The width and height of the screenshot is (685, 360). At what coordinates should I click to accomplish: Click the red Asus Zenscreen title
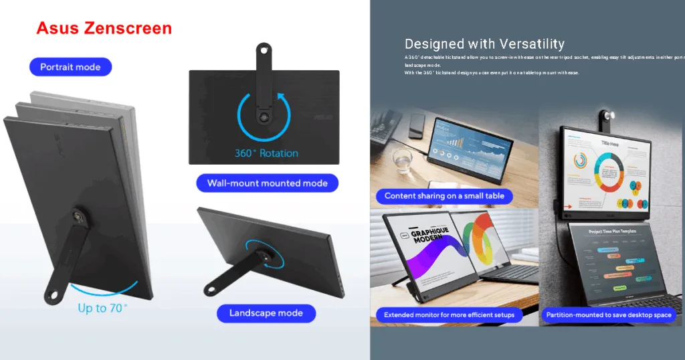(104, 28)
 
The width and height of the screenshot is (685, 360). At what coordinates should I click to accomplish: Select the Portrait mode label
(70, 67)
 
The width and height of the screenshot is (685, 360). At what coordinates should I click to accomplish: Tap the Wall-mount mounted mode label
(267, 183)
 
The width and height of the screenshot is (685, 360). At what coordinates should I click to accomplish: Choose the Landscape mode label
(266, 313)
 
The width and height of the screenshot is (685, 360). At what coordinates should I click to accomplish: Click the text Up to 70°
(102, 308)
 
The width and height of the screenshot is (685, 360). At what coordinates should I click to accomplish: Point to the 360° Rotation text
(266, 153)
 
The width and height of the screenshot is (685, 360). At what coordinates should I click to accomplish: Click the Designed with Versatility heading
(484, 45)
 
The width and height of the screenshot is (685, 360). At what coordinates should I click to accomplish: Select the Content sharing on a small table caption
(444, 196)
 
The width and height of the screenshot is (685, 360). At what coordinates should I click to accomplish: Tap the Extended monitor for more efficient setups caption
(449, 314)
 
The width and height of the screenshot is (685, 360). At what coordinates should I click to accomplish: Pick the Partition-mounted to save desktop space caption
(609, 314)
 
